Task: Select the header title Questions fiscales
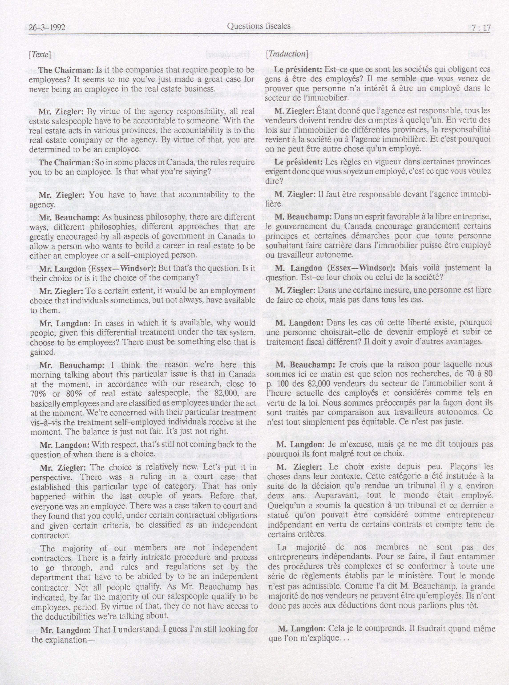coord(259,26)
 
